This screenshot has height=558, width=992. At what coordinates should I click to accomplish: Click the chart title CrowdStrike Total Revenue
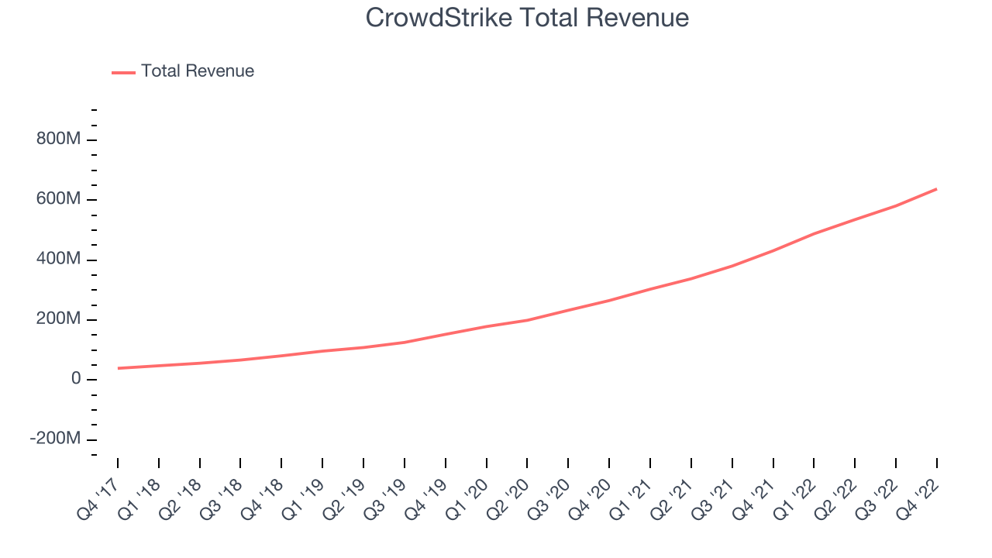tap(527, 17)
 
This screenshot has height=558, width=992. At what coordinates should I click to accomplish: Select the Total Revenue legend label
tap(197, 71)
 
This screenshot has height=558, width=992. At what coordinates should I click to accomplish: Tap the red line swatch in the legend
tap(123, 72)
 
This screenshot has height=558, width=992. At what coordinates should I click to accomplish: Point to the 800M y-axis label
tap(58, 139)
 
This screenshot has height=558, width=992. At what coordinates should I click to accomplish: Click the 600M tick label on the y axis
tap(58, 199)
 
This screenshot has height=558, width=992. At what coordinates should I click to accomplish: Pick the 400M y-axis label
tap(58, 259)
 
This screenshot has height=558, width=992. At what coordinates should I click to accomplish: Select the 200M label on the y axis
tap(58, 319)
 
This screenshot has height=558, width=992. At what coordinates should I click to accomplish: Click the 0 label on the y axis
tap(76, 378)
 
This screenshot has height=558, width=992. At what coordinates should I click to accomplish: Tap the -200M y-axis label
tap(55, 439)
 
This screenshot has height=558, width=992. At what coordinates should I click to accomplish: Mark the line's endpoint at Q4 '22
tap(936, 189)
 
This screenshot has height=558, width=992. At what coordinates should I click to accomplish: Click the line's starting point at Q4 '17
tap(118, 368)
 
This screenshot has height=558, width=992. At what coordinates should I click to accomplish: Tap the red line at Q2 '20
tap(527, 320)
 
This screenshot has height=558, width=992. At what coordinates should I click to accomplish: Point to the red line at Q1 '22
tap(814, 233)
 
